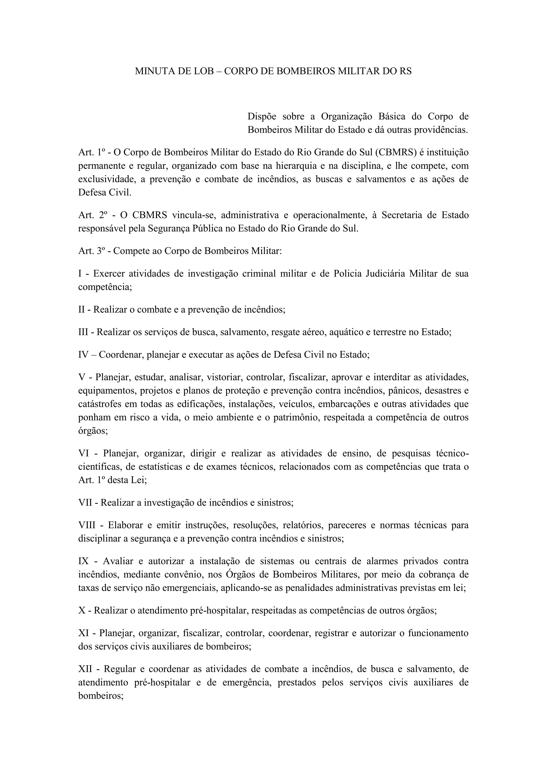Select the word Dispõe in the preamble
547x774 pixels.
coord(262,117)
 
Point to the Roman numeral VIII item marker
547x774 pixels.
coord(87,525)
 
